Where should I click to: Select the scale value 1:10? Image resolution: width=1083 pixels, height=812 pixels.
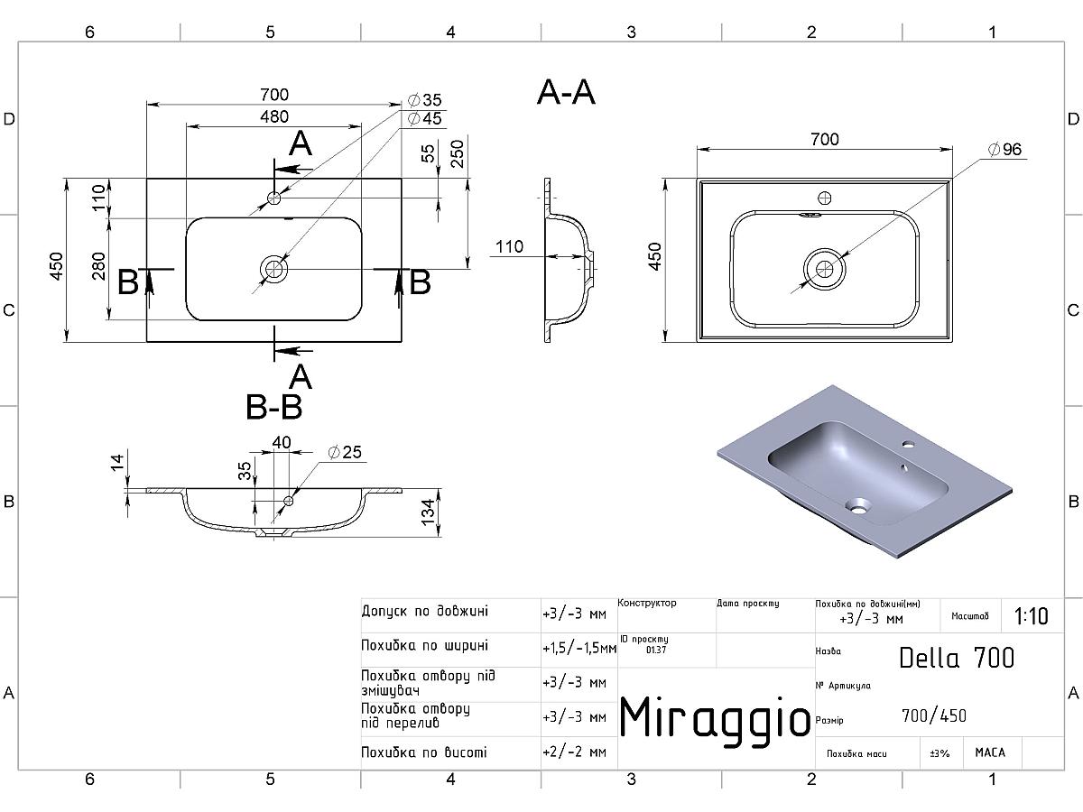[x=1031, y=616]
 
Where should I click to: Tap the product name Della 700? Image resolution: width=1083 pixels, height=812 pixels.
[x=957, y=657]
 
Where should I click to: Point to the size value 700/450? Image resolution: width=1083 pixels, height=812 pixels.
[x=933, y=715]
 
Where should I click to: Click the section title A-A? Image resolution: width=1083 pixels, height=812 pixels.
[x=566, y=92]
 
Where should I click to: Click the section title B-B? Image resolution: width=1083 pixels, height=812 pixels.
[x=273, y=408]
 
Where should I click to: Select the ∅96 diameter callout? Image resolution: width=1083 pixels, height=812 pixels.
[x=1004, y=150]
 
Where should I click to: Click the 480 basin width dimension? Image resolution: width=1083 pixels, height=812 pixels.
[x=274, y=116]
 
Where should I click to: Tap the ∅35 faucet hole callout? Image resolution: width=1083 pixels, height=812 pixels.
[x=424, y=100]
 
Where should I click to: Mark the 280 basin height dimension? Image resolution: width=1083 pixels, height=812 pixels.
[x=99, y=268]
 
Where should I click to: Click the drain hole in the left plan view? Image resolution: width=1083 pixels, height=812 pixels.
[x=273, y=268]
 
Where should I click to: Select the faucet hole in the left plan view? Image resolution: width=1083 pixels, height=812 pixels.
[x=273, y=197]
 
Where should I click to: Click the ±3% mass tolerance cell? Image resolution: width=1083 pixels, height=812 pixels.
[x=940, y=752]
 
